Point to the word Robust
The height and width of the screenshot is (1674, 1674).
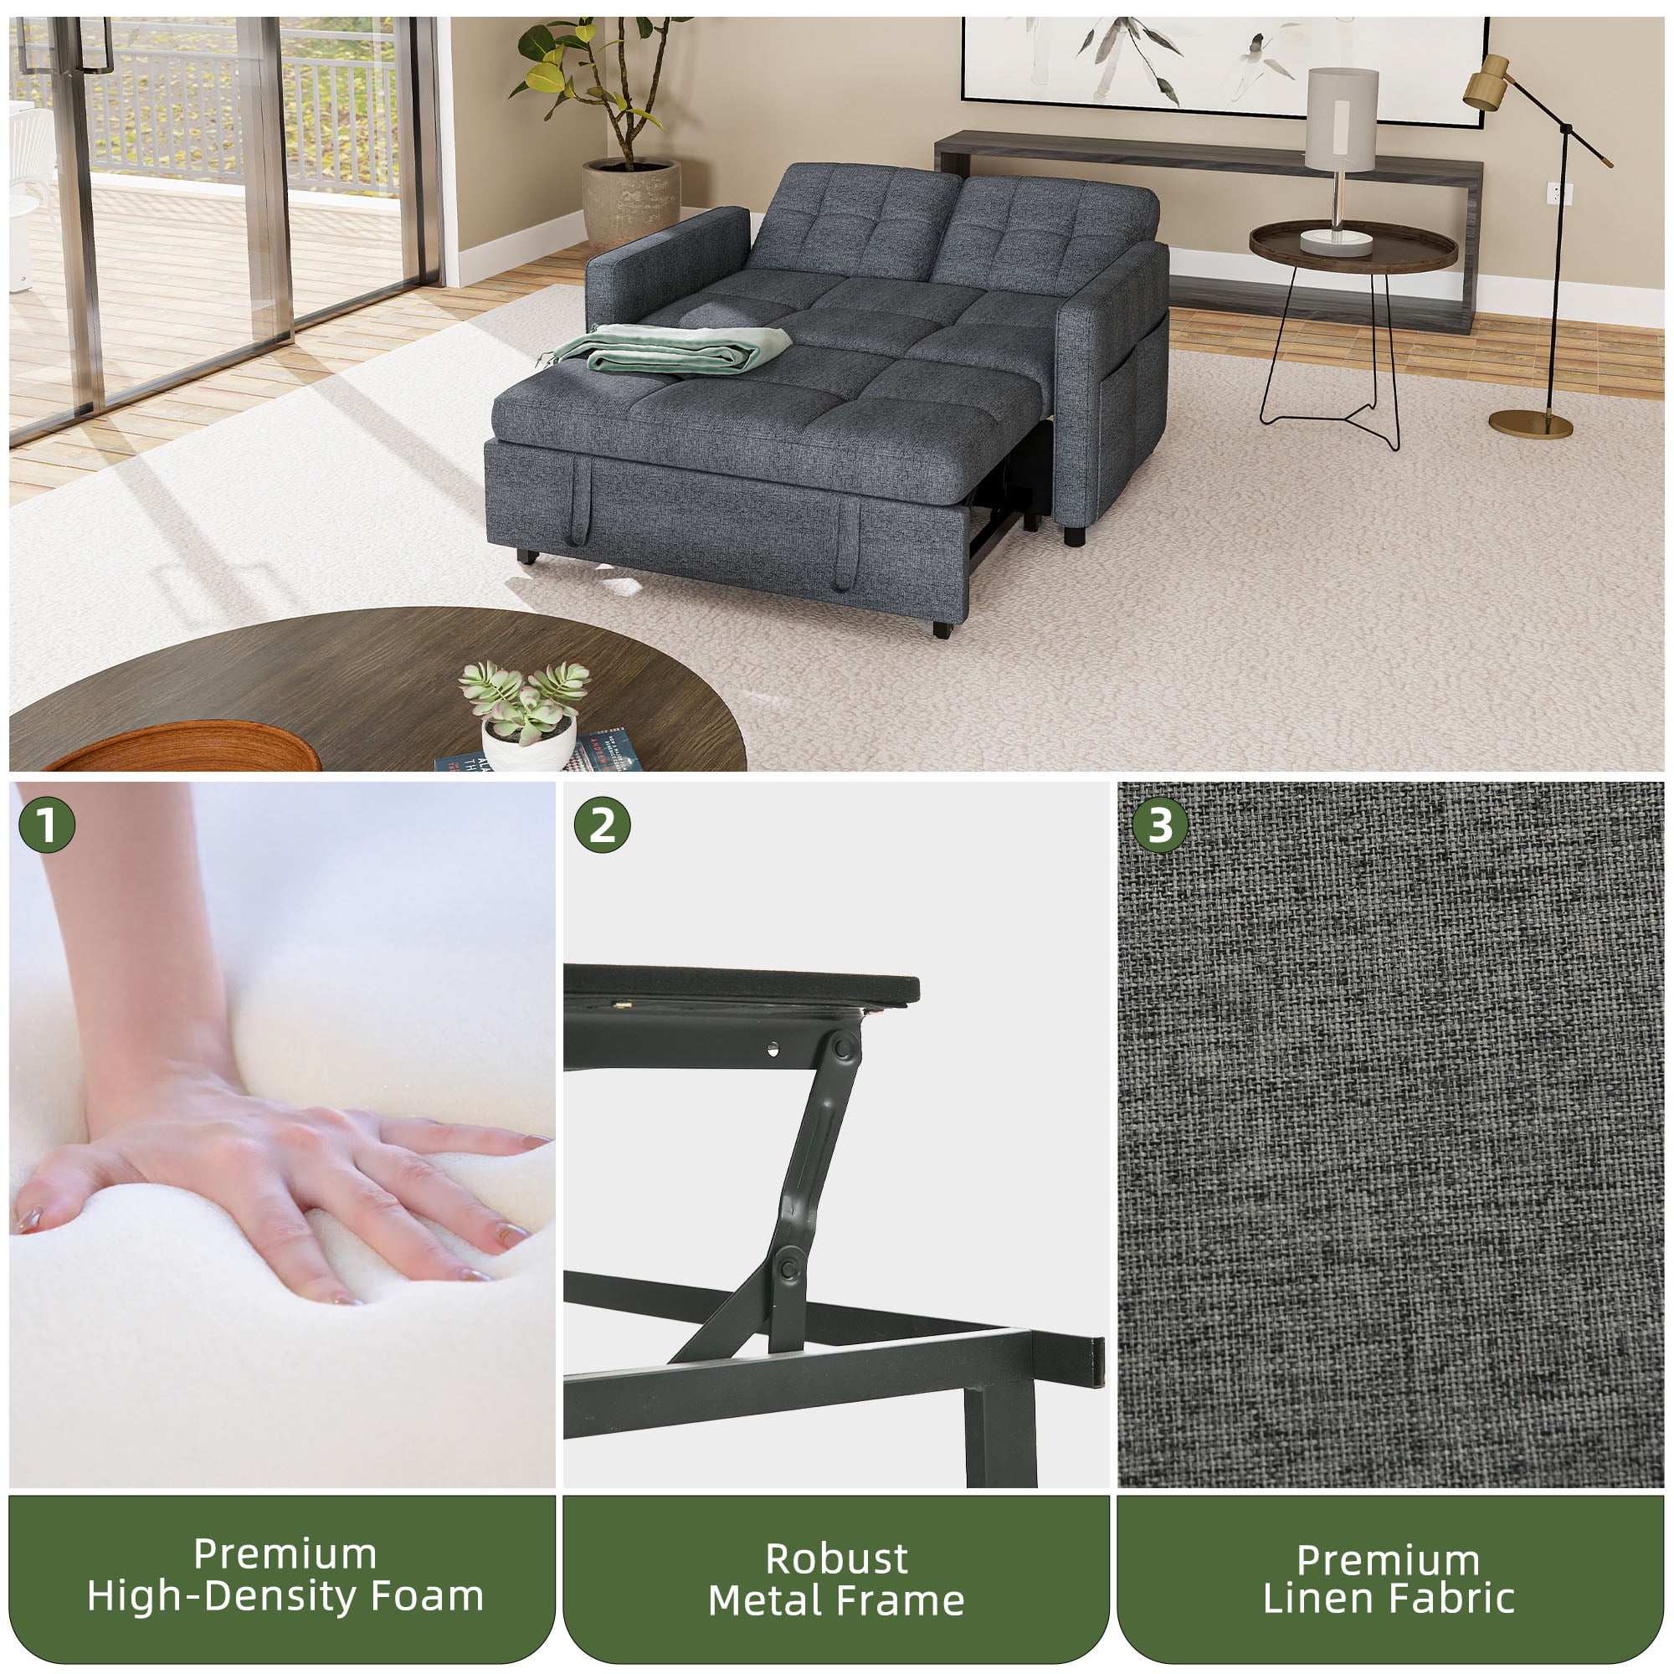(837, 1558)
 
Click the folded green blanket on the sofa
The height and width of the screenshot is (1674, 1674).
(667, 348)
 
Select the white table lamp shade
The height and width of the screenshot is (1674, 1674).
(1341, 120)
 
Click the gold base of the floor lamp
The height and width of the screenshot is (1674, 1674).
(1530, 424)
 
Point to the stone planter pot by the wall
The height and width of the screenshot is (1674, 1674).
(631, 203)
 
